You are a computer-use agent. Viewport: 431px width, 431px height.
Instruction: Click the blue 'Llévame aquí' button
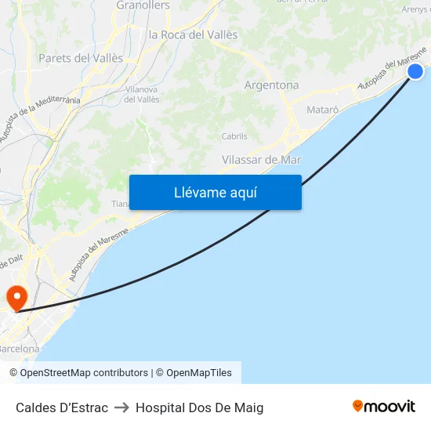click(x=215, y=192)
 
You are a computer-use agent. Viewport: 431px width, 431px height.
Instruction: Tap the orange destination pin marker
click(x=16, y=298)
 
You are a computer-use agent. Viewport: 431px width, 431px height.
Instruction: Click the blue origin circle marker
click(x=415, y=71)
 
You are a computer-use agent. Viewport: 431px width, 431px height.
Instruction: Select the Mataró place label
click(x=323, y=110)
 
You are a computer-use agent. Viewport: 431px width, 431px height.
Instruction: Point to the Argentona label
click(x=271, y=85)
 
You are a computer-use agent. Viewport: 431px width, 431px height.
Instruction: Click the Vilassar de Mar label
click(x=262, y=159)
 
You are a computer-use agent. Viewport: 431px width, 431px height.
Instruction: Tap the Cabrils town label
click(x=234, y=136)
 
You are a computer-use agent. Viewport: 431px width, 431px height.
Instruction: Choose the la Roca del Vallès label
click(x=193, y=34)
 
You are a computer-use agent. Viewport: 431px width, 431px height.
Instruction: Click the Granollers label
click(x=143, y=5)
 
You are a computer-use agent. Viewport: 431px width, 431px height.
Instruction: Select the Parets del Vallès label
click(x=81, y=58)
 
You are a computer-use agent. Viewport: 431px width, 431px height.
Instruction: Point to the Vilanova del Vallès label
click(x=141, y=94)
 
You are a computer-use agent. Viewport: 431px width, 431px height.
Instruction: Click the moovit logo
click(x=383, y=406)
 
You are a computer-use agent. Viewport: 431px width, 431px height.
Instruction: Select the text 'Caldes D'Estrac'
click(x=62, y=407)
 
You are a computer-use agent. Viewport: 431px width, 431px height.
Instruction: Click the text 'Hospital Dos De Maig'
click(x=199, y=407)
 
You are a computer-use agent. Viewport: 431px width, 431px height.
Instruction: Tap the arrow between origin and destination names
click(x=121, y=407)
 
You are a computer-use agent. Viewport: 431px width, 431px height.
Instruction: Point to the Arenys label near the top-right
click(x=415, y=9)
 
